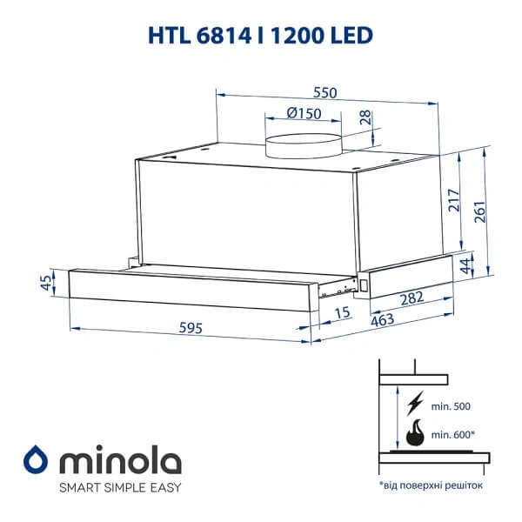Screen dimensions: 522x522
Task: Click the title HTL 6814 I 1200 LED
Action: pos(261,35)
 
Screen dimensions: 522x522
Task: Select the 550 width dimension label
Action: pos(325,93)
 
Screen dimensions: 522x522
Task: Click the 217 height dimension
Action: pos(451,203)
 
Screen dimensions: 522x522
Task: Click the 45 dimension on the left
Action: pos(46,283)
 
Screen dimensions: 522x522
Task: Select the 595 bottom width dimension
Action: pos(191,328)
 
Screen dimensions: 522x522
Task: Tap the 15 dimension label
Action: pos(342,311)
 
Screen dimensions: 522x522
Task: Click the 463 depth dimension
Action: pos(381,319)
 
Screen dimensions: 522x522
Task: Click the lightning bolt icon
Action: pos(416,402)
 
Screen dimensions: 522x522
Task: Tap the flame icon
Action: pos(417,433)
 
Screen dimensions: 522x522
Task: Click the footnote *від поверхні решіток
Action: pos(431,484)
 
